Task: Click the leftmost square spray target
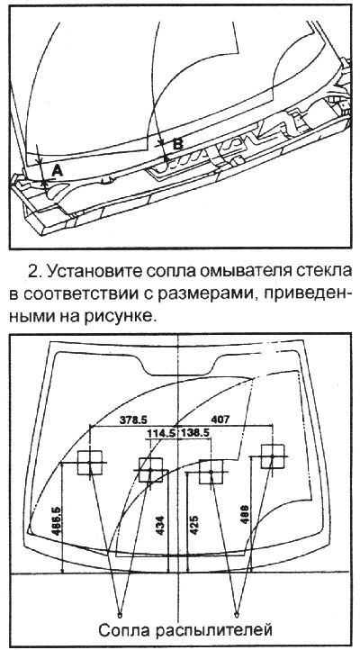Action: (x=91, y=464)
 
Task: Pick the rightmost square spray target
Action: (x=271, y=457)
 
